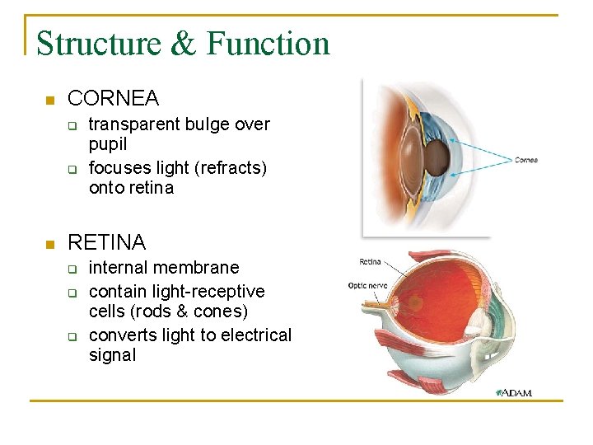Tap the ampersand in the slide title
(x=183, y=44)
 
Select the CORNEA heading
(x=113, y=99)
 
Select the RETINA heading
(x=106, y=242)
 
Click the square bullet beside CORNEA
(x=48, y=101)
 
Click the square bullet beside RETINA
(x=48, y=244)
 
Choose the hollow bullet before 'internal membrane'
(x=72, y=269)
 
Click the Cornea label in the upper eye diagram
(x=526, y=160)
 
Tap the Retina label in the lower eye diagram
(x=370, y=262)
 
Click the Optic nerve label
(x=368, y=285)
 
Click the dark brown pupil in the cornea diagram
(x=441, y=156)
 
